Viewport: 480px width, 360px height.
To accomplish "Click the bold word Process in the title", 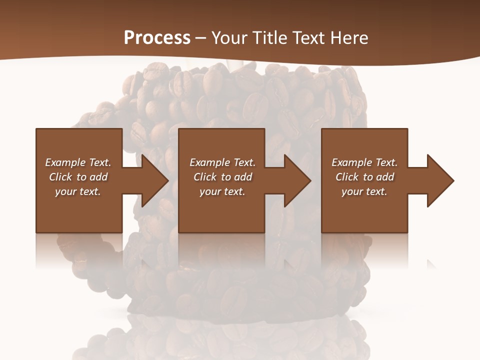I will coord(157,38).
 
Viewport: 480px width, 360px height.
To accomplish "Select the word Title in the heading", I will coord(268,38).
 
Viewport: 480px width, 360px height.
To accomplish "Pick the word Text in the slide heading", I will coord(307,38).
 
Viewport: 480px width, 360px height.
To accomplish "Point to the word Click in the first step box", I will coord(60,177).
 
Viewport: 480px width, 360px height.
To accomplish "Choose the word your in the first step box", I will coord(65,192).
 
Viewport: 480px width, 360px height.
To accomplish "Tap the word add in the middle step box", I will coord(243,177).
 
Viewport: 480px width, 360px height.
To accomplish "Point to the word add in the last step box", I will coord(385,177).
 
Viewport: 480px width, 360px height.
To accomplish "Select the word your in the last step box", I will coord(352,192).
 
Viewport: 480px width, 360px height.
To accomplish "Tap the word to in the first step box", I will coord(81,177).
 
